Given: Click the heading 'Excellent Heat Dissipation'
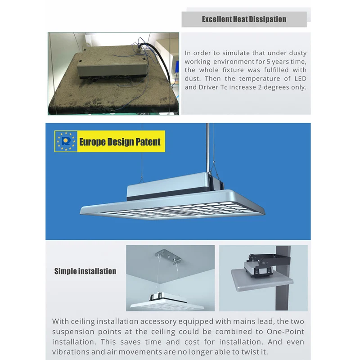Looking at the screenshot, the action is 244,19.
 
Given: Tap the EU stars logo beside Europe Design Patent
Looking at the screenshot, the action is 66,141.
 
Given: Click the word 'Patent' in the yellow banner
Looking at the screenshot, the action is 148,142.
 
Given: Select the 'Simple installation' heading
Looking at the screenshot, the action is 85,271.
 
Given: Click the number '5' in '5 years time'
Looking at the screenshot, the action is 268,62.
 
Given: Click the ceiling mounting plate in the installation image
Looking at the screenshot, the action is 168,256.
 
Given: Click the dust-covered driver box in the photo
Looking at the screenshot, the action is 112,67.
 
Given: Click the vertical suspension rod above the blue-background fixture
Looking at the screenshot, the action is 207,148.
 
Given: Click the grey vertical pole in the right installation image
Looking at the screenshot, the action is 283,278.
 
